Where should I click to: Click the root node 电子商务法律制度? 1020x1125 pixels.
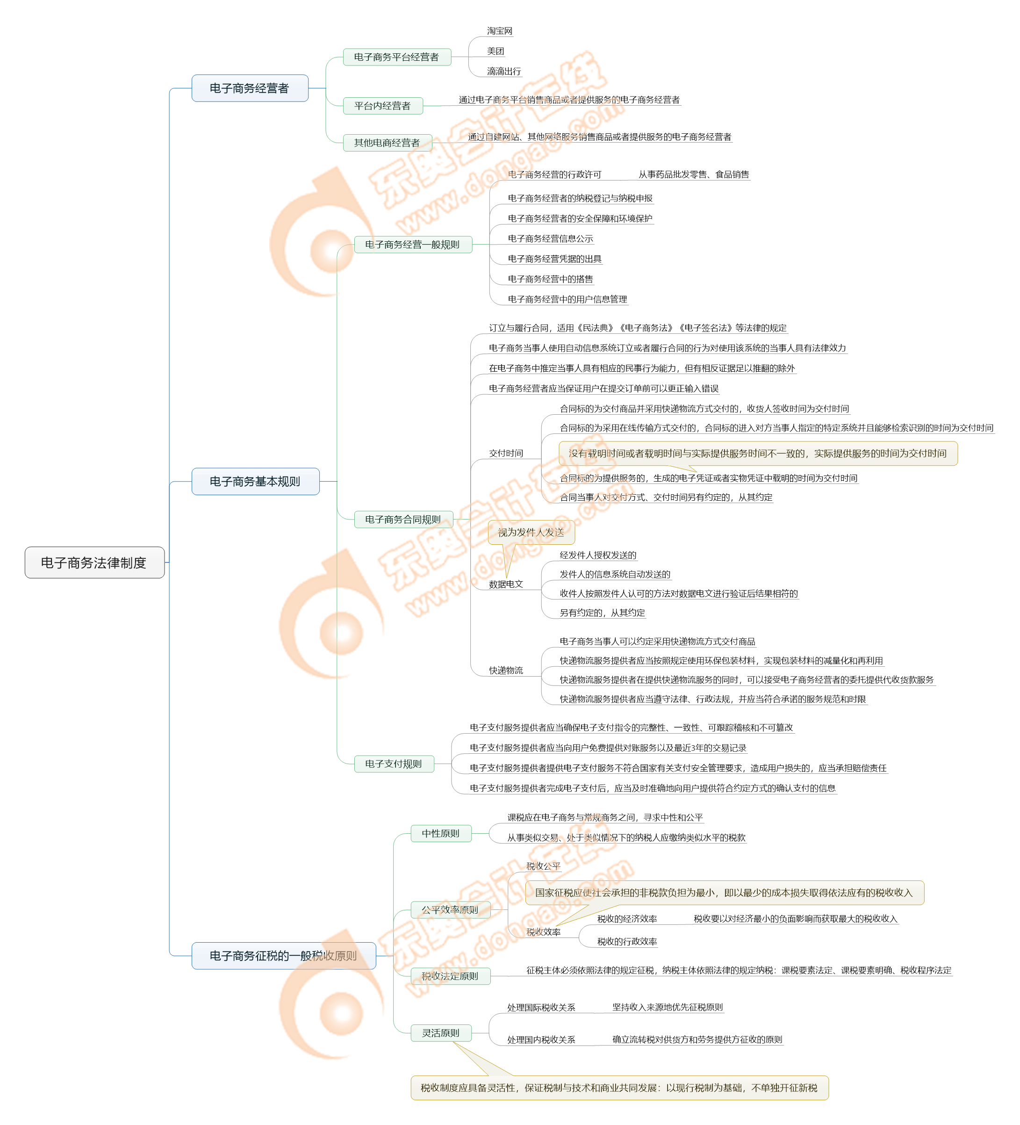tap(94, 562)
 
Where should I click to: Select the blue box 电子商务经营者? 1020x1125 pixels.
tap(250, 88)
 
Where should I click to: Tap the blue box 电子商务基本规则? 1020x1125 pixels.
tap(255, 482)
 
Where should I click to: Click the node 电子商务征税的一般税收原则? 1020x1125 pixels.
tap(283, 956)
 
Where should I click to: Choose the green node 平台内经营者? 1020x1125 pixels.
tap(382, 106)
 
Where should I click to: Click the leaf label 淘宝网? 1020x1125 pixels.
tap(499, 31)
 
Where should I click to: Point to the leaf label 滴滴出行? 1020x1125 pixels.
tap(504, 72)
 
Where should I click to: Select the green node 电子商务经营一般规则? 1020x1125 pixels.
tap(412, 245)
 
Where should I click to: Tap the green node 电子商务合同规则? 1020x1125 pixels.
tap(403, 519)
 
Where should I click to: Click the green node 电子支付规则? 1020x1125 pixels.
tap(394, 764)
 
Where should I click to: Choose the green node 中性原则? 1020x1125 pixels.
tap(440, 834)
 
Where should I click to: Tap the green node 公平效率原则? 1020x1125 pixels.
tap(450, 909)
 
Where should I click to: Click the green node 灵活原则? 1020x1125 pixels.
tap(440, 1033)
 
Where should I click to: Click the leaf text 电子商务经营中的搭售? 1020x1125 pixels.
tap(550, 279)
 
